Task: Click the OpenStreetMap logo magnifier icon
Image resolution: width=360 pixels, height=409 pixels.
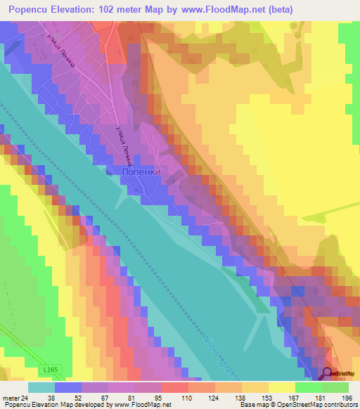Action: coord(327,375)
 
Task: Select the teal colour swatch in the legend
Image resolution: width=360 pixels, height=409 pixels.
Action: coord(41,387)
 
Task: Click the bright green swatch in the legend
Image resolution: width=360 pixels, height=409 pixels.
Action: coord(309,387)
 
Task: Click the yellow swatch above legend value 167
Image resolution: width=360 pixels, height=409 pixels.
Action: coord(282,387)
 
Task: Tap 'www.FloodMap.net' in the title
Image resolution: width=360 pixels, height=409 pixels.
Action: coord(215,9)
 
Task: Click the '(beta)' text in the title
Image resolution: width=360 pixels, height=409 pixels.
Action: coord(276,9)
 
